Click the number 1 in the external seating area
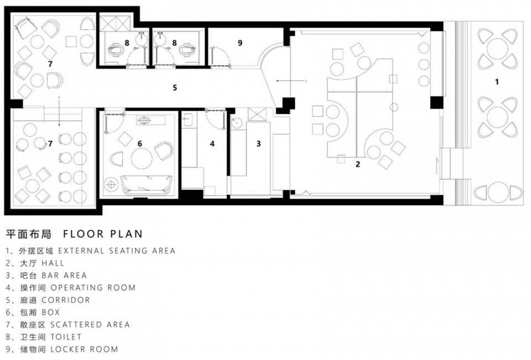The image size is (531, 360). [x=497, y=82]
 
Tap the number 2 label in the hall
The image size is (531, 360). [x=358, y=164]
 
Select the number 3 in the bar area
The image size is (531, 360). [x=258, y=144]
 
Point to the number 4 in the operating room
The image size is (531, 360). [x=212, y=144]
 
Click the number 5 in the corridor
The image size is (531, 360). [x=175, y=88]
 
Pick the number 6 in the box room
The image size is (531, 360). [x=139, y=144]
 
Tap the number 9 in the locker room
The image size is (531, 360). [x=240, y=43]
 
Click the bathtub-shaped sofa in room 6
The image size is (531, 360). [x=147, y=186]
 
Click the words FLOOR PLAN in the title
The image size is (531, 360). [x=103, y=234]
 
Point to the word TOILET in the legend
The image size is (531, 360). [x=66, y=337]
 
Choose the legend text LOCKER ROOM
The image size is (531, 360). [x=84, y=349]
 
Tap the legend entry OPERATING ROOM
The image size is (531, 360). [x=93, y=288]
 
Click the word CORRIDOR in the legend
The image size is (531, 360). [x=66, y=300]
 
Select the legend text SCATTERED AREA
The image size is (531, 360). [x=90, y=325]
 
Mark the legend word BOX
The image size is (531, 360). [x=51, y=312]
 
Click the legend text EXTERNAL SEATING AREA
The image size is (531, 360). [x=117, y=251]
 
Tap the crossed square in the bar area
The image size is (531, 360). [x=257, y=114]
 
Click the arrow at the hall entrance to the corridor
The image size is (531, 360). [x=291, y=81]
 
